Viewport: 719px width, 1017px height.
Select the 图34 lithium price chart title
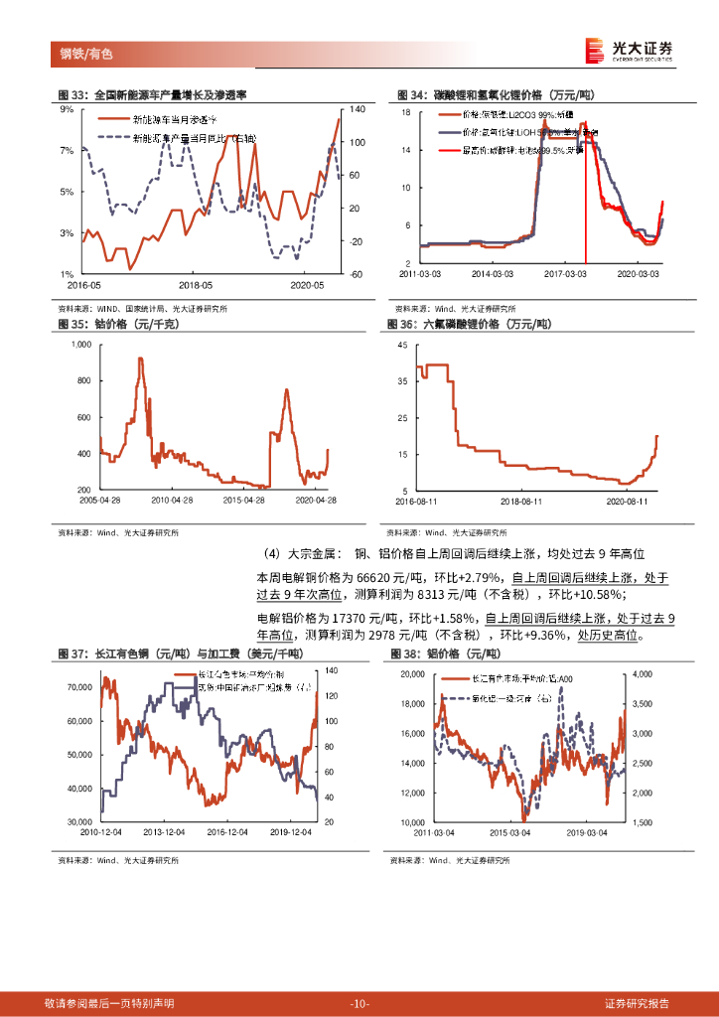coord(497,94)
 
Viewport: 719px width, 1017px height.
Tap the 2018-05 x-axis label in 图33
coord(195,284)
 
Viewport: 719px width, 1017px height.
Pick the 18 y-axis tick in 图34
coord(406,112)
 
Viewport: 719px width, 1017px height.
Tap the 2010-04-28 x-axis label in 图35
coord(173,501)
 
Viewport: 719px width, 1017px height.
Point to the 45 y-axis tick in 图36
coord(403,344)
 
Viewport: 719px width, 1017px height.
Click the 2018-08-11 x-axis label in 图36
coord(520,501)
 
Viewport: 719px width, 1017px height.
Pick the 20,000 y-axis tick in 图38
coord(411,674)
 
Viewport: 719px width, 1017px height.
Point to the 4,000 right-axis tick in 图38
coord(641,674)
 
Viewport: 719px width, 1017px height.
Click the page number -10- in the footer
coord(359,1003)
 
